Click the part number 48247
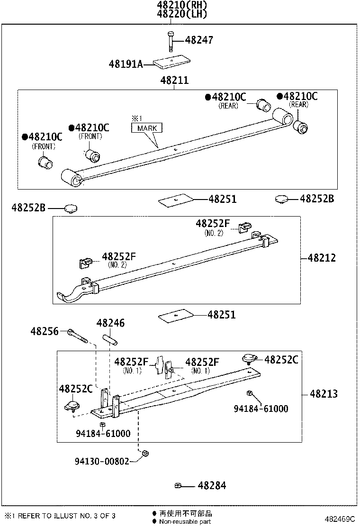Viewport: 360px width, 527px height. (198, 40)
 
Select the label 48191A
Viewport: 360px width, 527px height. (126, 64)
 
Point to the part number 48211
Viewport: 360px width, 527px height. (174, 81)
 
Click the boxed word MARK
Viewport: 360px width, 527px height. (147, 128)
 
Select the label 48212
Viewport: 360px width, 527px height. (322, 258)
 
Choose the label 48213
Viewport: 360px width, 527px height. (324, 394)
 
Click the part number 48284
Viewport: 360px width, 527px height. (212, 485)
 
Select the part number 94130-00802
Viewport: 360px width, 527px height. (102, 461)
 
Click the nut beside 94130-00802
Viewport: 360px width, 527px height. (146, 454)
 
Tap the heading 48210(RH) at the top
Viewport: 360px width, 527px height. (183, 5)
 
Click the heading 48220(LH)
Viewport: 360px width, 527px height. (183, 14)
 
